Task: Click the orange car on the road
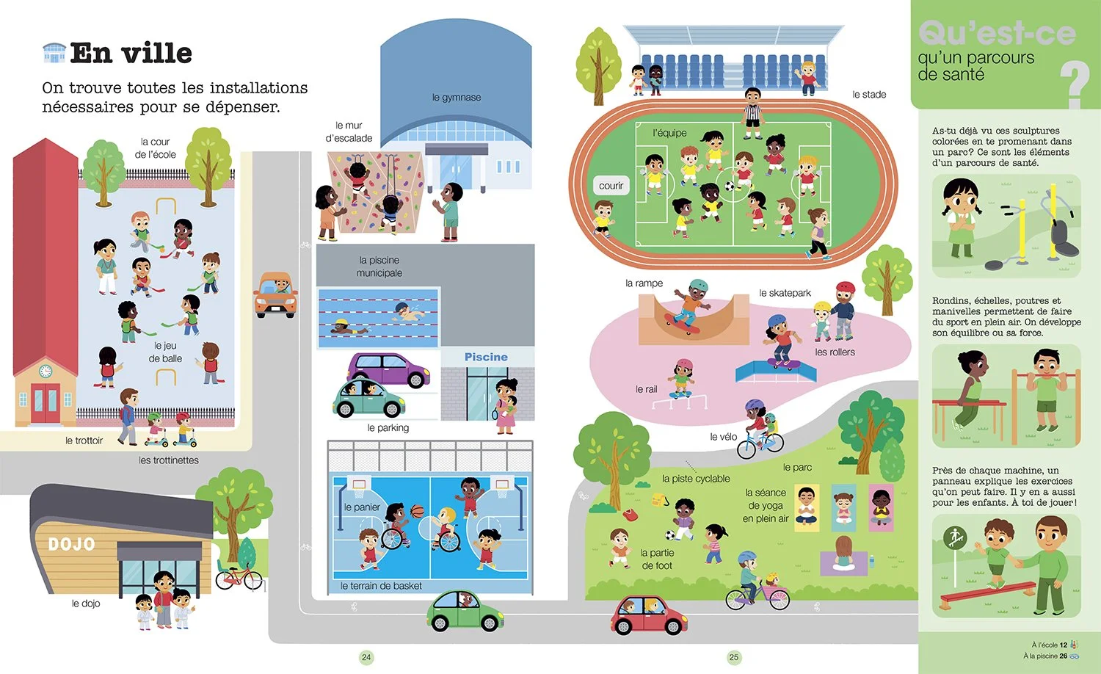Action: click(275, 294)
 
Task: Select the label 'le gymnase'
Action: click(456, 98)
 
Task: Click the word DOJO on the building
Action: click(71, 544)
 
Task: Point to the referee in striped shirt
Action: click(752, 113)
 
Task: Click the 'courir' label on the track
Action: click(611, 186)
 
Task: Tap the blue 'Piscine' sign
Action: click(486, 357)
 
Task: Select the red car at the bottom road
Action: click(649, 615)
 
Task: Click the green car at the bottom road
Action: click(465, 611)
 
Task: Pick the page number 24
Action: click(366, 657)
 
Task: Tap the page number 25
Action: click(734, 657)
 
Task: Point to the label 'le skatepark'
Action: click(785, 293)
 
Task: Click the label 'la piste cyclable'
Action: click(696, 479)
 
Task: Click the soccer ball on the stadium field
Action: click(730, 186)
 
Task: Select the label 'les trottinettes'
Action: click(169, 460)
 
